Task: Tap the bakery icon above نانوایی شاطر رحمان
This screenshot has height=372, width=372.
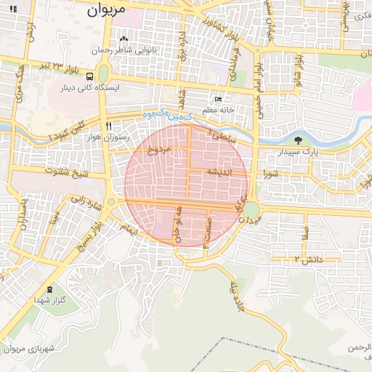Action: coord(123,39)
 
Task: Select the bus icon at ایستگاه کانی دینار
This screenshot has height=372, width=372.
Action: coord(89,76)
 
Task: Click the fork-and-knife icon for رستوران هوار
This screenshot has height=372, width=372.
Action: coord(108,125)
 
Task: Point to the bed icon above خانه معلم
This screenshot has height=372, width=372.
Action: coord(217,100)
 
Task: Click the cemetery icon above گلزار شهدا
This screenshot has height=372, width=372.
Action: coord(50,288)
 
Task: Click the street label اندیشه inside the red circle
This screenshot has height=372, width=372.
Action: coord(219,172)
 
